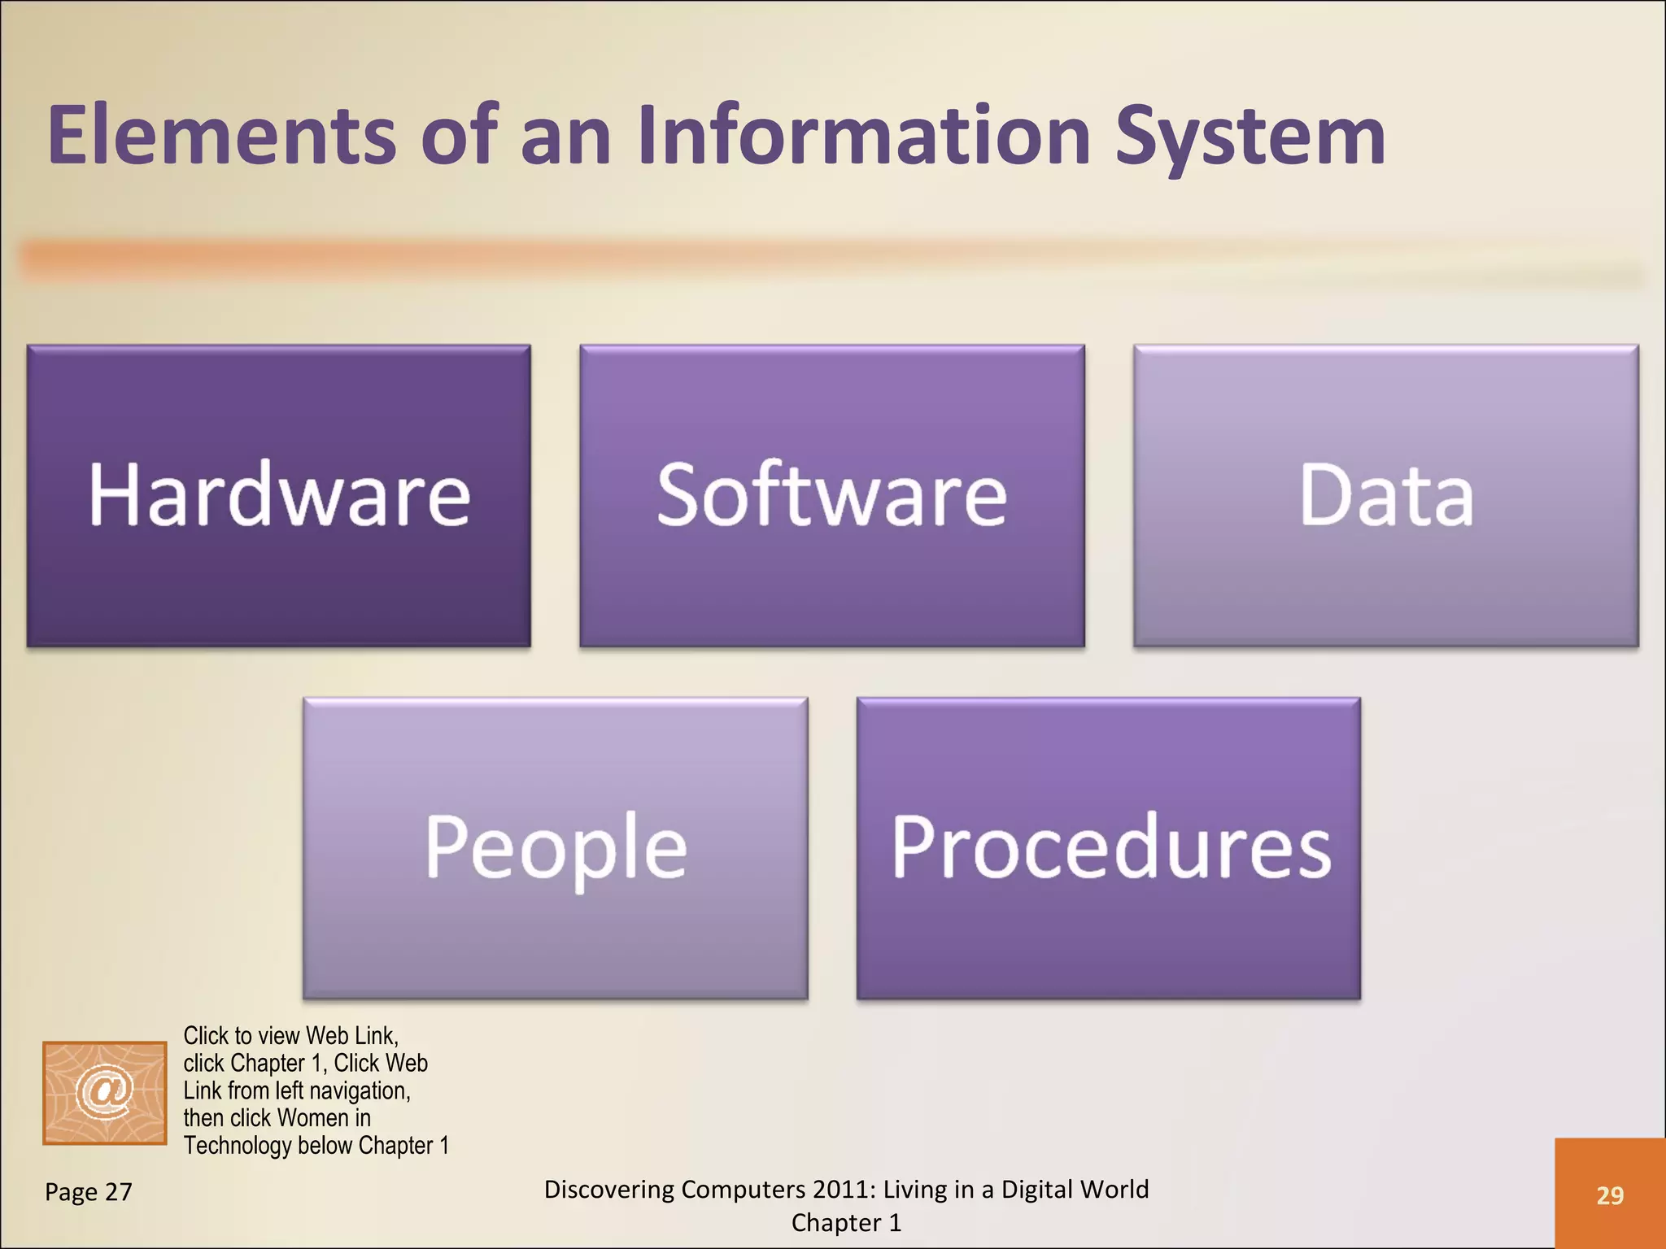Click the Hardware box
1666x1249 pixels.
278,495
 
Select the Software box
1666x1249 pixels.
831,495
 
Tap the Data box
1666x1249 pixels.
1385,495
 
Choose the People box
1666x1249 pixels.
555,847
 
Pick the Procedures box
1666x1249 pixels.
1108,847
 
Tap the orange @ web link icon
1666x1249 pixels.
104,1092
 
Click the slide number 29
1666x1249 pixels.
1610,1195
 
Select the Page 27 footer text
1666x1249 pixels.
88,1192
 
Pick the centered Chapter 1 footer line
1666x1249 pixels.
846,1223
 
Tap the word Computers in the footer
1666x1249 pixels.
737,1190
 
